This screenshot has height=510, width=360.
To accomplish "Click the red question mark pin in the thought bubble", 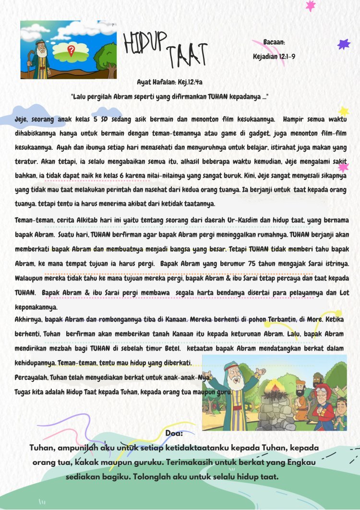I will tap(71, 50).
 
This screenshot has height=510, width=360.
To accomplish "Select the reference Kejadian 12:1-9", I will tap(274, 57).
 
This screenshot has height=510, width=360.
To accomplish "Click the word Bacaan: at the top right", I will tap(274, 42).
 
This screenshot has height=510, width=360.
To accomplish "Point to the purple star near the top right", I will tap(343, 44).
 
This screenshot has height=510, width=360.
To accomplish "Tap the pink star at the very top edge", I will tap(311, 6).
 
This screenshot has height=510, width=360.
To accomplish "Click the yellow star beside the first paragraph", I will tap(343, 112).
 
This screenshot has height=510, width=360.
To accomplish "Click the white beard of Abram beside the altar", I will tap(235, 384).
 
